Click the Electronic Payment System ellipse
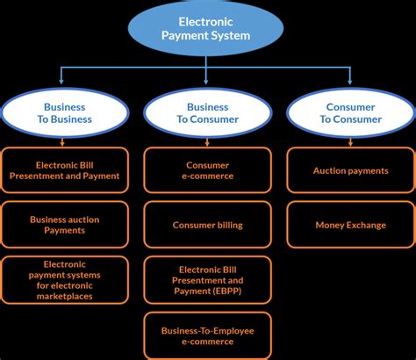(207, 31)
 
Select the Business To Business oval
(64, 113)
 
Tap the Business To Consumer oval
(208, 113)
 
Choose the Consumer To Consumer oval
(351, 113)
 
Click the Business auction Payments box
(64, 225)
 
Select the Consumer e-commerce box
(208, 170)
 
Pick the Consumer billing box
(208, 225)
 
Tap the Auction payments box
(351, 170)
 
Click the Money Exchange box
(351, 225)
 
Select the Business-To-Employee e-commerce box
(208, 335)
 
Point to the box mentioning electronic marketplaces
(64, 279)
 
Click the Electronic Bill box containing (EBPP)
(208, 279)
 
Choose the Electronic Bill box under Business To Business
(64, 170)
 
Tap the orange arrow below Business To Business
(64, 141)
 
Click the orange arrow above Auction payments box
(351, 141)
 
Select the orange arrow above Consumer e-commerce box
(208, 141)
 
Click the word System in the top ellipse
(231, 37)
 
